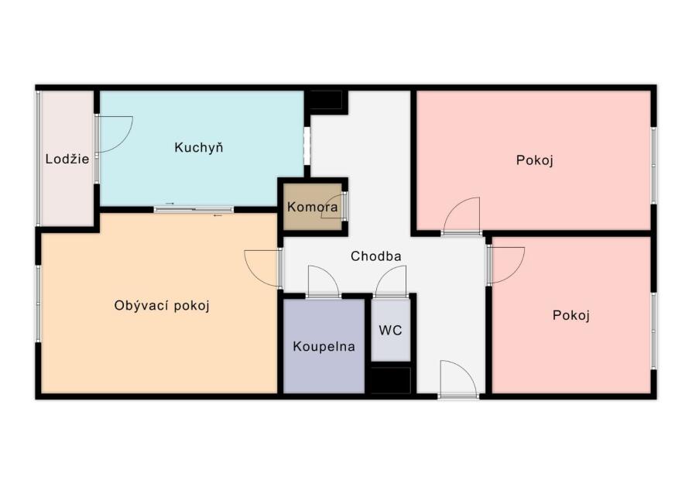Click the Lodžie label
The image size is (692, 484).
point(67,159)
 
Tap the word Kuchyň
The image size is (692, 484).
point(199,147)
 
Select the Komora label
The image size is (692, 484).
point(313,207)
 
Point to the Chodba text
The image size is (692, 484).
point(376,256)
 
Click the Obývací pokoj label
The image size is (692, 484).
point(162,306)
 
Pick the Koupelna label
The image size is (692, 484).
point(324,346)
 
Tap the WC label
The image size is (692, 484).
point(391,330)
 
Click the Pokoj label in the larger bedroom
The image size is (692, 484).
point(534,160)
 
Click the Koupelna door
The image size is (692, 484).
point(324,282)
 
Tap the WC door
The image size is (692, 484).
point(390,282)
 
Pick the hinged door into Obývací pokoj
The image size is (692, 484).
point(263,269)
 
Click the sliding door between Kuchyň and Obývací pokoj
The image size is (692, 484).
point(194,209)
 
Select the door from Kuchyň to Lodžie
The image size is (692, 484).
point(114,134)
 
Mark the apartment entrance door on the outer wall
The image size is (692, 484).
point(458,379)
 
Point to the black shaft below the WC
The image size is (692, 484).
point(391,380)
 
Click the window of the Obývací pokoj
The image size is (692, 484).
point(39,304)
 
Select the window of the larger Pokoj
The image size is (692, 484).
point(653,166)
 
